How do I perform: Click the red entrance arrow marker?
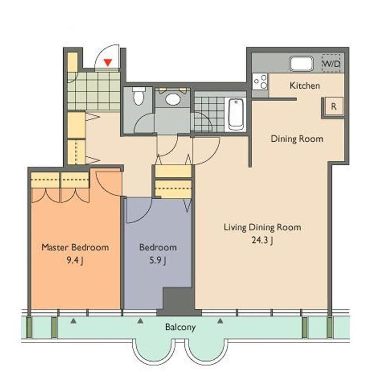coord(108,62)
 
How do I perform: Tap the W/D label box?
coord(331,63)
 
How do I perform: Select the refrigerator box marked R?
coord(334,107)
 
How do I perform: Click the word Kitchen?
coord(305,86)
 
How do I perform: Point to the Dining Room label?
coord(297,139)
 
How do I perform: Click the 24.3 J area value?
coord(262,241)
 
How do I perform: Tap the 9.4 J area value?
coord(75,260)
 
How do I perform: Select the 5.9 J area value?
coord(158,260)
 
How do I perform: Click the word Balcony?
coord(180,327)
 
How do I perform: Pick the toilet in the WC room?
coord(138,96)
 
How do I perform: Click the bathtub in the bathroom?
coord(236,114)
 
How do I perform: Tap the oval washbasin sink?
coord(173,99)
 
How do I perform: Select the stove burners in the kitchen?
coord(260,82)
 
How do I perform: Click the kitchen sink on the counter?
coord(301,64)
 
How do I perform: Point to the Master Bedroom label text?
coord(75,247)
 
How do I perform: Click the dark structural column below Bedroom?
coord(179,302)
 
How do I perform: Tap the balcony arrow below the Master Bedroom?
coord(73,321)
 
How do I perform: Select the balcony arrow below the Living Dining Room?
coord(220,321)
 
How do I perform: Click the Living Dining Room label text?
coord(262,228)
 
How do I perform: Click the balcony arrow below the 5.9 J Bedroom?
coord(140,321)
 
